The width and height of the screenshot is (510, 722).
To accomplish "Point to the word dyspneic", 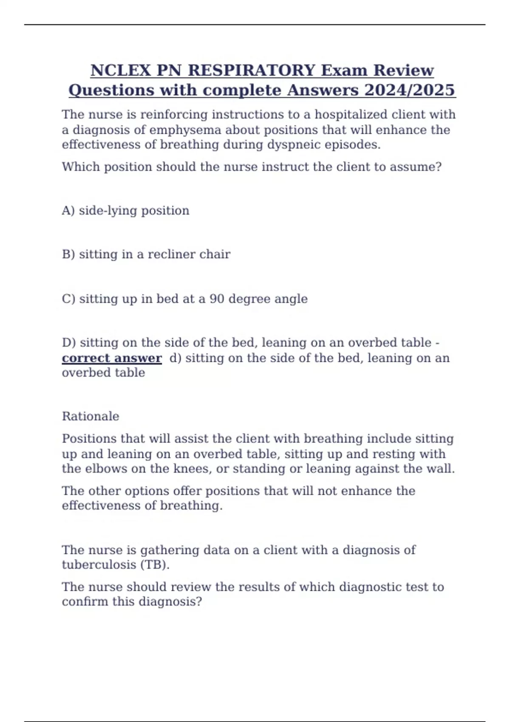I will click(x=293, y=145).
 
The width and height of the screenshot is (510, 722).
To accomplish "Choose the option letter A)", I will click(x=68, y=211).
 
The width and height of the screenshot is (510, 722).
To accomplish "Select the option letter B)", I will click(x=68, y=254).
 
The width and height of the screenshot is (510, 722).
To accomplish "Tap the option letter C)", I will click(x=68, y=299).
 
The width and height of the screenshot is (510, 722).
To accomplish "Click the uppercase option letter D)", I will click(x=69, y=343).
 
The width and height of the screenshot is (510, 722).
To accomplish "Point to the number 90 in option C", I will click(x=217, y=299).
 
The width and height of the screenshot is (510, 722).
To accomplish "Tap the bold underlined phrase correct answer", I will click(x=112, y=358).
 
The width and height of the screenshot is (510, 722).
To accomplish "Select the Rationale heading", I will click(x=91, y=416).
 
